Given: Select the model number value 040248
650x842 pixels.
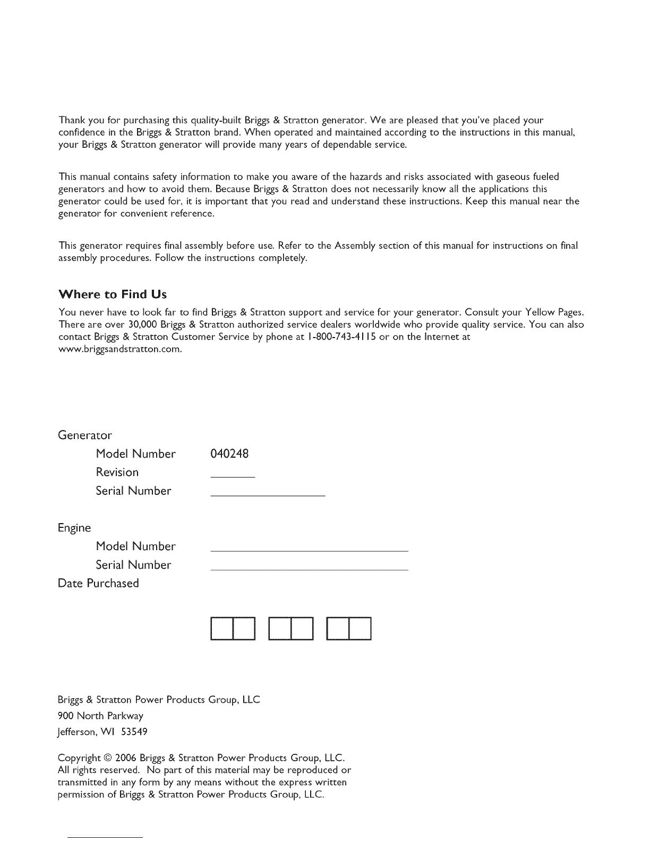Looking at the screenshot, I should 229,454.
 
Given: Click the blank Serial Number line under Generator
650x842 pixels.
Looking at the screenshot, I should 268,495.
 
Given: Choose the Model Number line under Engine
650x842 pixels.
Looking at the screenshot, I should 309,551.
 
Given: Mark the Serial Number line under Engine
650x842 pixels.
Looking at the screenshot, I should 309,569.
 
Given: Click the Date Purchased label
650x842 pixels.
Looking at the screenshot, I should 98,583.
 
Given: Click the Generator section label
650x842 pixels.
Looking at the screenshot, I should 85,436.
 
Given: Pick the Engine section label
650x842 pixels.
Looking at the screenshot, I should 74,528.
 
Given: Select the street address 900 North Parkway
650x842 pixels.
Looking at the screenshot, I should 100,716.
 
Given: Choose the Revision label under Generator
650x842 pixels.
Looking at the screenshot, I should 117,473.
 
